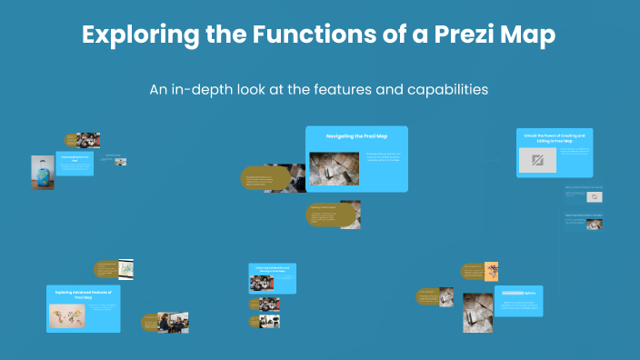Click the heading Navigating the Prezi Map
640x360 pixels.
click(356, 135)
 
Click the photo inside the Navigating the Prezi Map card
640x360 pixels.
click(335, 167)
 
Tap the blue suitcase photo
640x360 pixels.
click(42, 172)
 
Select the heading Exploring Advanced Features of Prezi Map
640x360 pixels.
click(84, 294)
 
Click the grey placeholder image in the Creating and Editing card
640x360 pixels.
click(536, 161)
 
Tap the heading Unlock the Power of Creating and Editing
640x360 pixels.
click(554, 137)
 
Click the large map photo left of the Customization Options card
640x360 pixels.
click(477, 308)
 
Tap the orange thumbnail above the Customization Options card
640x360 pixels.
click(491, 270)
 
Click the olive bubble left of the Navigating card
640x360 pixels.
click(264, 178)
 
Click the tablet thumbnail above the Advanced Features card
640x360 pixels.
click(126, 269)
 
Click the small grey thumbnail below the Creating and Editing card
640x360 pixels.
click(595, 195)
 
